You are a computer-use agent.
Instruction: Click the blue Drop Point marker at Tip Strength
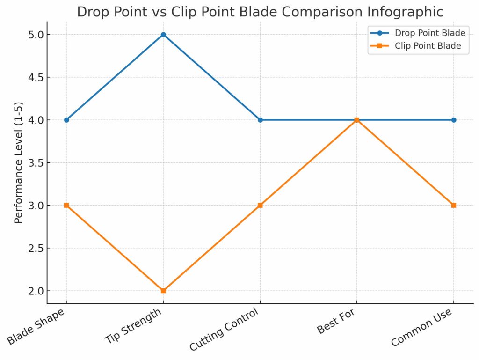(163, 35)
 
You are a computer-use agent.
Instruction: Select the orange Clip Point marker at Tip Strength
(163, 291)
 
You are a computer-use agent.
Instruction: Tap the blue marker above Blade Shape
(66, 120)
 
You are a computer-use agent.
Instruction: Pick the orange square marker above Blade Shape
(66, 205)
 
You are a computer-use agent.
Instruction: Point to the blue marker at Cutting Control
(260, 120)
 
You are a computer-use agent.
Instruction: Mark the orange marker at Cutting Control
(260, 205)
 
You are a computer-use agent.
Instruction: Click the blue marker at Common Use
(453, 120)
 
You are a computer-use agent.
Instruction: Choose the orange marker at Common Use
(453, 205)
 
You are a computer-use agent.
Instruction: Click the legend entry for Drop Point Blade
(429, 33)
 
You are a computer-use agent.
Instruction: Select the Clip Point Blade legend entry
(428, 46)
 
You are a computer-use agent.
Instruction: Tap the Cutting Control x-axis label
(224, 330)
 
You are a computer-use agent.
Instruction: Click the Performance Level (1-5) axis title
(18, 162)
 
